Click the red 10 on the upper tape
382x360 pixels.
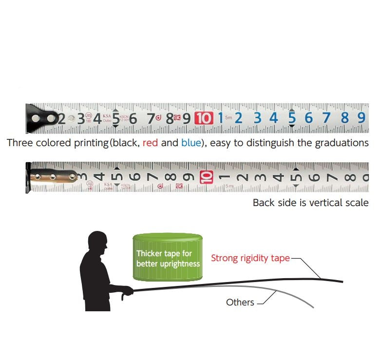[x=204, y=118]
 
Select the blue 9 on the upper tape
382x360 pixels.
[x=361, y=118]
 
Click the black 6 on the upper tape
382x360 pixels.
[x=133, y=118]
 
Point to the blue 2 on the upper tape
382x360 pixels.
[x=239, y=118]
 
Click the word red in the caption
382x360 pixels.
[x=150, y=143]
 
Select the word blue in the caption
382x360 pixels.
[x=191, y=143]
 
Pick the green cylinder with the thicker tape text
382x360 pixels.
[x=168, y=257]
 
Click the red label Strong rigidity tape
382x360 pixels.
[x=250, y=258]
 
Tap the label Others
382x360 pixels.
[x=240, y=303]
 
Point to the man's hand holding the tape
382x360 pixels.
[x=128, y=292]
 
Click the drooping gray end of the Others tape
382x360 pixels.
[x=310, y=305]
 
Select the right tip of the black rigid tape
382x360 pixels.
[x=342, y=281]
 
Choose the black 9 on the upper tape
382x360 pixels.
[x=186, y=118]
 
